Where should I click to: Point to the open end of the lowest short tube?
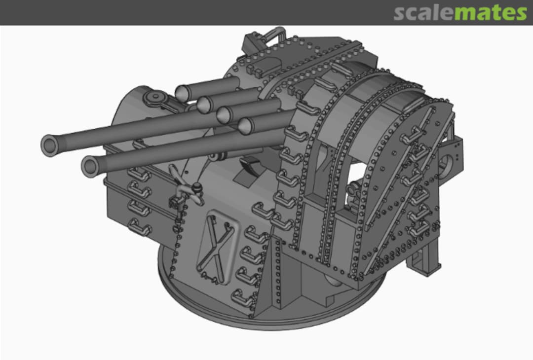pos(244,126)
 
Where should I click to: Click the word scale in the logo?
pos(423,13)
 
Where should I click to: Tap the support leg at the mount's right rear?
pos(429,256)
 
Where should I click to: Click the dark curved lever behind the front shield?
pos(252,165)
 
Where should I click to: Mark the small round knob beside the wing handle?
pos(197,187)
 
